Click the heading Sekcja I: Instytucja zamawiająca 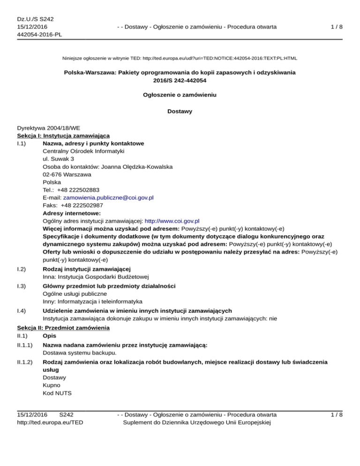pyautogui.click(x=63, y=135)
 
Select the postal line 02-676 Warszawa pyautogui.click(x=67, y=175)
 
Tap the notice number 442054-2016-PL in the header pyautogui.click(x=39, y=34)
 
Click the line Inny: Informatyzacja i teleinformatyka pyautogui.click(x=93, y=301)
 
